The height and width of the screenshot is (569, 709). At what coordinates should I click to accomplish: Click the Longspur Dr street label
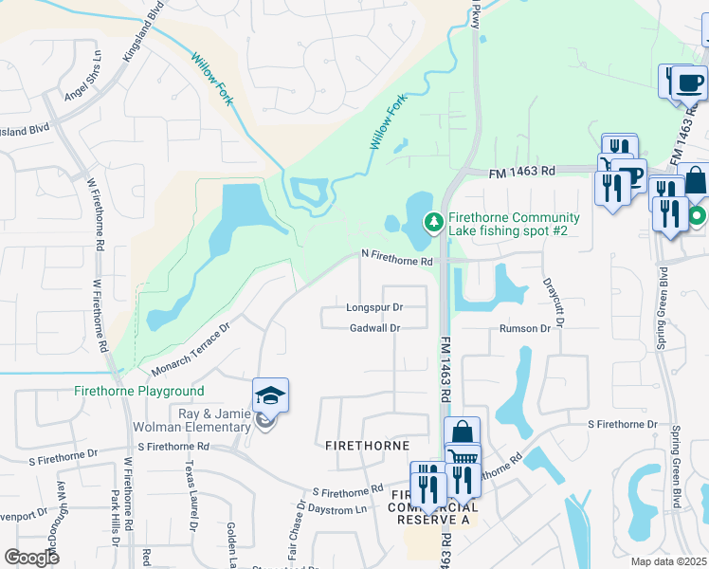[374, 307]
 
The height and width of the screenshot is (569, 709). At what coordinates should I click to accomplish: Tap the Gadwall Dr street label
[374, 328]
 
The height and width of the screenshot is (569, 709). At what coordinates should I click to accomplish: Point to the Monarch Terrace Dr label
[185, 347]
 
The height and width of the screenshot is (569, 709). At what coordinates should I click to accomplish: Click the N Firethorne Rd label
[396, 256]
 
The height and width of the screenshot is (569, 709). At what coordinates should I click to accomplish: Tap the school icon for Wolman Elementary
[270, 396]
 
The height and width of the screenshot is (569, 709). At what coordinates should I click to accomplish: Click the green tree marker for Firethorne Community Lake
[434, 222]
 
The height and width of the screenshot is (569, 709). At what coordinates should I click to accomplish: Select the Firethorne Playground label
[139, 391]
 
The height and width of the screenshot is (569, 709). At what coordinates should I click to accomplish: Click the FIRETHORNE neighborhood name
[368, 445]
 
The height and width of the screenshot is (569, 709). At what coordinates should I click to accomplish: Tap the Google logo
[32, 558]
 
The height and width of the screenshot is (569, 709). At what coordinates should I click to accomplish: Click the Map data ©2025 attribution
[667, 561]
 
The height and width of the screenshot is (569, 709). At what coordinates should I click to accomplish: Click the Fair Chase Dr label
[293, 534]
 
